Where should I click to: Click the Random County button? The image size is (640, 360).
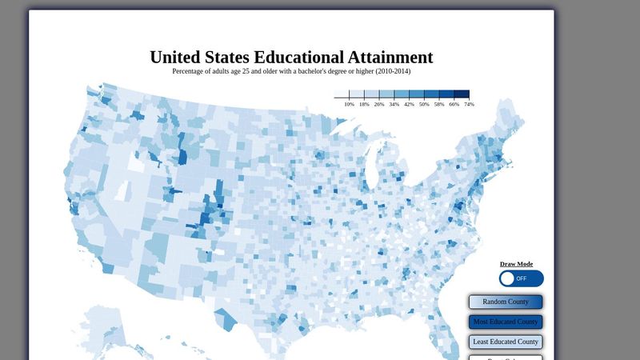tap(506, 302)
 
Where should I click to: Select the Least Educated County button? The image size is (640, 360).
tap(506, 342)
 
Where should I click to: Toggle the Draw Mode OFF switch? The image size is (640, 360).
tap(521, 278)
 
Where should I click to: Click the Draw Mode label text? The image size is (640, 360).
tap(516, 264)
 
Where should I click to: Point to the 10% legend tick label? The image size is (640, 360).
tap(350, 104)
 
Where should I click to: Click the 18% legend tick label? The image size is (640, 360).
tap(364, 104)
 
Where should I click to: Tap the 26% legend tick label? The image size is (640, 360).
tap(379, 104)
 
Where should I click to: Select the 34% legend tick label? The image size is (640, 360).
tap(394, 104)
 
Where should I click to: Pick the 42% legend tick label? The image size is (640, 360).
tap(409, 104)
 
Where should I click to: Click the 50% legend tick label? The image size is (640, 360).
tap(424, 104)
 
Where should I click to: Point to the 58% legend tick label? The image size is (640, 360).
tap(439, 104)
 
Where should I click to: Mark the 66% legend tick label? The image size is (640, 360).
tap(454, 104)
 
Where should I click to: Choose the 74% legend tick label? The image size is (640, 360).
tap(469, 104)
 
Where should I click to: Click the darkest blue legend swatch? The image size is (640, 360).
tap(462, 94)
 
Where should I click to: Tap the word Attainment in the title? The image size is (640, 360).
tap(390, 58)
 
